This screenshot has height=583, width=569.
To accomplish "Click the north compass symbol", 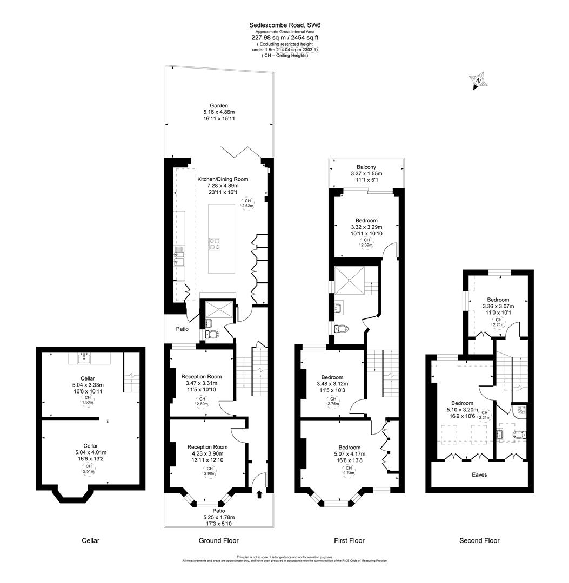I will pyautogui.click(x=479, y=81).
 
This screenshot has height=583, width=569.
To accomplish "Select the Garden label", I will pyautogui.click(x=219, y=106).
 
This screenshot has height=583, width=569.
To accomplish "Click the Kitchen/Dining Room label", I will pyautogui.click(x=223, y=179).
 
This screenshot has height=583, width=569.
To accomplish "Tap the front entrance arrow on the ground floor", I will pyautogui.click(x=259, y=493).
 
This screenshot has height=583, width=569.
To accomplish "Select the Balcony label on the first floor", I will pyautogui.click(x=366, y=167).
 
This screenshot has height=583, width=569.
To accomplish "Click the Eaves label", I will pyautogui.click(x=479, y=475).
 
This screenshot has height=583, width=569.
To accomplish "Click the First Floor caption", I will pyautogui.click(x=349, y=540).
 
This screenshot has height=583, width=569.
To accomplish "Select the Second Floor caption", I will pyautogui.click(x=479, y=540).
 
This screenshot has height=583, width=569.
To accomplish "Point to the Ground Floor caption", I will pyautogui.click(x=219, y=540).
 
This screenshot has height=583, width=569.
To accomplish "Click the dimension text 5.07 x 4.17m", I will pyautogui.click(x=349, y=455).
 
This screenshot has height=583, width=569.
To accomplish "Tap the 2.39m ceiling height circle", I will pyautogui.click(x=366, y=243).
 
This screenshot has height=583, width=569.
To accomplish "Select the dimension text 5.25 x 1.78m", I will pyautogui.click(x=218, y=517).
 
